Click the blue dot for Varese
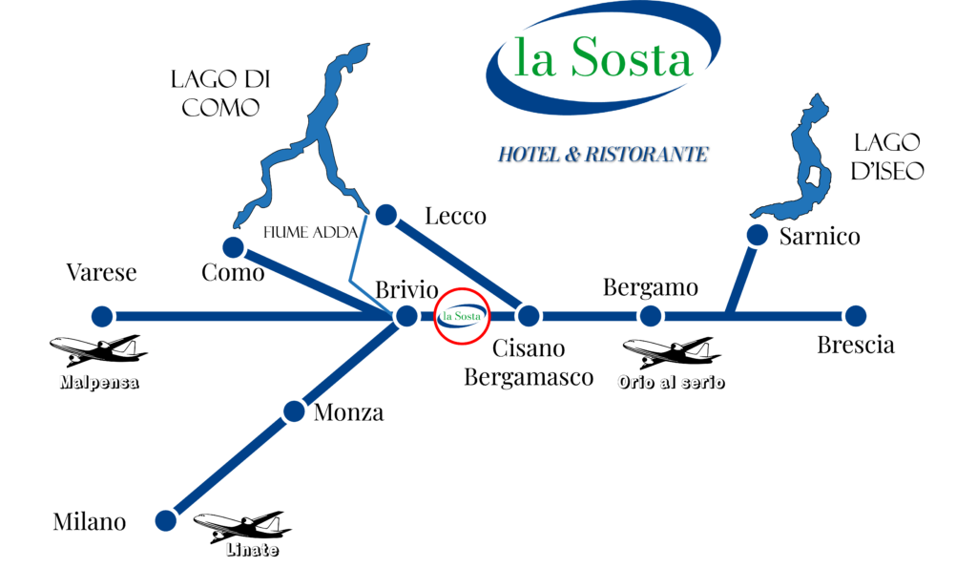click(102, 316)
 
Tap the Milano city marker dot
click(166, 520)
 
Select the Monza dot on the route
click(294, 411)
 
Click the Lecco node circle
click(386, 215)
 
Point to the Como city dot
click(233, 247)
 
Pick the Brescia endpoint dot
click(856, 316)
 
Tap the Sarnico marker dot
click(757, 235)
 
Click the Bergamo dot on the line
click(651, 316)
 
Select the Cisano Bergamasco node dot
click(529, 316)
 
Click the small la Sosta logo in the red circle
click(462, 316)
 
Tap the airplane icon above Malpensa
click(98, 350)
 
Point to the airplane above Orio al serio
click(672, 353)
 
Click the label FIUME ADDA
click(310, 233)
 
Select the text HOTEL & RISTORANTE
click(603, 154)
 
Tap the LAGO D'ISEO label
click(886, 157)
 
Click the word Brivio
click(406, 290)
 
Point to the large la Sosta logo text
click(603, 57)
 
